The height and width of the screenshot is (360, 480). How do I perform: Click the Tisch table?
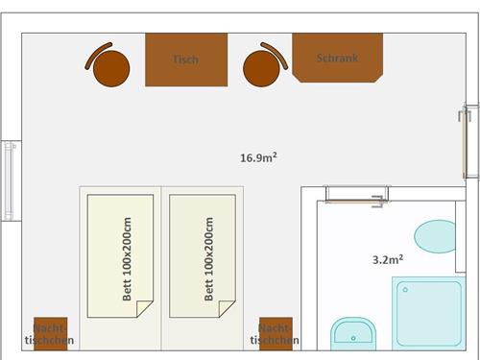(x=186, y=60)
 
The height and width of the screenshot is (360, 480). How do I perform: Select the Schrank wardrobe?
(x=338, y=58)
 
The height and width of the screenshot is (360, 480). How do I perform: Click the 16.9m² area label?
(x=258, y=157)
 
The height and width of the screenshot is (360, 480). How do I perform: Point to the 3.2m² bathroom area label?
(x=388, y=259)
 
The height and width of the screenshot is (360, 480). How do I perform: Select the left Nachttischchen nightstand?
(x=51, y=334)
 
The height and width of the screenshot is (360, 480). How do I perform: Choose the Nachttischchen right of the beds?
(x=276, y=334)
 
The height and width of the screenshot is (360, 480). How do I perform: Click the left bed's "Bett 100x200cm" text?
(x=127, y=259)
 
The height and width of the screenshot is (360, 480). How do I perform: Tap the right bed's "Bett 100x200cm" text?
(x=208, y=259)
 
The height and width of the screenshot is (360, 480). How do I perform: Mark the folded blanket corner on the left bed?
(x=143, y=307)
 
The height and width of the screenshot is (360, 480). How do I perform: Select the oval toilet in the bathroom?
(x=435, y=236)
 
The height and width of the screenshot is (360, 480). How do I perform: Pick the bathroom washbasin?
(x=353, y=334)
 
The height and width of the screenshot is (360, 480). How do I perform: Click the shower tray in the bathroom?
(x=429, y=313)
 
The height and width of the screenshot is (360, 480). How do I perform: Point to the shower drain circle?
(x=405, y=290)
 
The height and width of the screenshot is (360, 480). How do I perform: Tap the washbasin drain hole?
(x=353, y=338)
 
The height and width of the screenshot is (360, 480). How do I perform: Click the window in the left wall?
(x=11, y=180)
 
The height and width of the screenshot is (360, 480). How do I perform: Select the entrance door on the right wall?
(x=468, y=141)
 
